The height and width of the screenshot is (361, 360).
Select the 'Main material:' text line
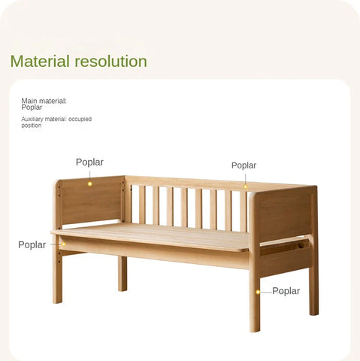(x=44, y=100)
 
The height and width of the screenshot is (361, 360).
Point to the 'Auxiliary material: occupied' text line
(x=56, y=119)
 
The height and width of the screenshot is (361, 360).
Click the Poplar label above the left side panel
(x=89, y=162)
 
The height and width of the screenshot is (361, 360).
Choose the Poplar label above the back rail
(x=244, y=165)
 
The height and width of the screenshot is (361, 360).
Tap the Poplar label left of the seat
(x=32, y=244)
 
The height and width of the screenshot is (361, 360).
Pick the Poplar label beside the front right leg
(x=286, y=290)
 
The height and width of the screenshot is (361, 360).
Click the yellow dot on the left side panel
(x=89, y=183)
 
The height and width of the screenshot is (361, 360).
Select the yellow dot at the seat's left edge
(x=63, y=244)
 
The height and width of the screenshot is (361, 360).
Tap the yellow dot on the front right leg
(x=258, y=291)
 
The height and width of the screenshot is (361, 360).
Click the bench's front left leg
(x=57, y=278)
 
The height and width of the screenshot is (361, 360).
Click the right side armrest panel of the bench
(x=284, y=214)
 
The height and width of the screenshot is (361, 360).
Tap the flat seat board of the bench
(x=150, y=236)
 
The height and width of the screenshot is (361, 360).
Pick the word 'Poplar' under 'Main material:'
(x=32, y=107)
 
